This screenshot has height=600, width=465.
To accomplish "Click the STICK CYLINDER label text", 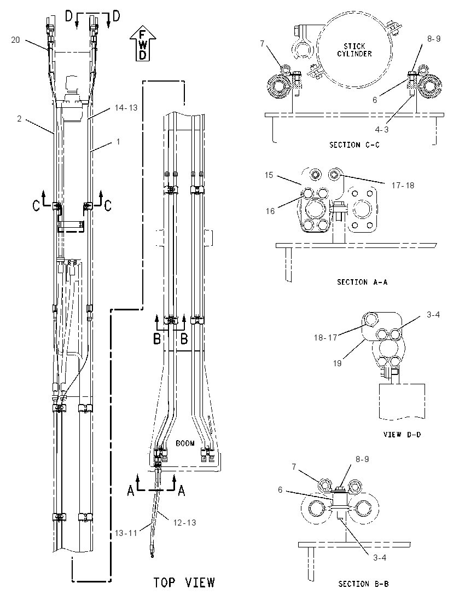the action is pos(354,50).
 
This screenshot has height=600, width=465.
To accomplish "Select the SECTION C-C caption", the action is pos(354,145).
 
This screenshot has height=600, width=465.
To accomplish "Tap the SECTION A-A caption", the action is pos(362,282).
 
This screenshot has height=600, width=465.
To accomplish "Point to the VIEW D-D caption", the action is pos(402,434).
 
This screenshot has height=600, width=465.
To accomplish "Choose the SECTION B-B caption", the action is pos(363,584).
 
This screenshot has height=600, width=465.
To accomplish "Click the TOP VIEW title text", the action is pos(184,582).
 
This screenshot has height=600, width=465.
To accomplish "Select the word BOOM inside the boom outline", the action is pos(185,443).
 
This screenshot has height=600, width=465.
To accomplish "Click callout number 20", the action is pos(15,40).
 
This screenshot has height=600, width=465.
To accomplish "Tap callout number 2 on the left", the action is pos(19,119).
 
